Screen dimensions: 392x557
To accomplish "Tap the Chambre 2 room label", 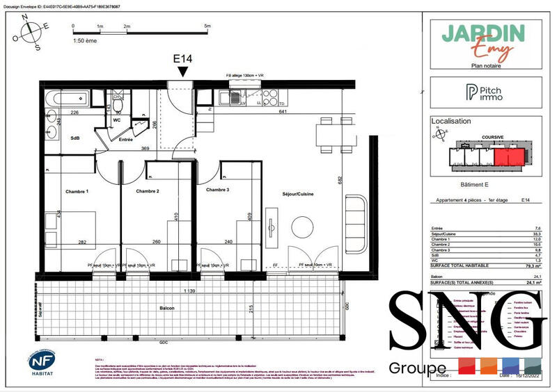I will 148,191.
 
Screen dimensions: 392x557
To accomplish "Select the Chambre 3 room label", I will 218,189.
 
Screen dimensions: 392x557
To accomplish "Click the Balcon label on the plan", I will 166,307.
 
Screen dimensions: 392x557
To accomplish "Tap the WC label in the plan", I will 118,120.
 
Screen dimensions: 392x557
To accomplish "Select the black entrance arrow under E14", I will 182,71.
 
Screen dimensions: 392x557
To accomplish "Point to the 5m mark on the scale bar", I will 207,26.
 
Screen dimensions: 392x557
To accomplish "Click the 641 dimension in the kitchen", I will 282,112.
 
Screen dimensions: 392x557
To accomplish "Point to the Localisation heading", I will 450,122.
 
